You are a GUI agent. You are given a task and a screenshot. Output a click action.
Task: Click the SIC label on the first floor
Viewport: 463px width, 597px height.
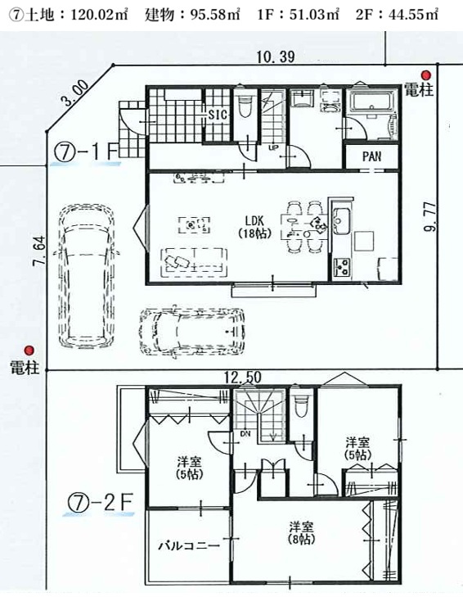tap(218, 114)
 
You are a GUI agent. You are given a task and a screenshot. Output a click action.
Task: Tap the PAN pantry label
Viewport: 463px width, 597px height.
tap(371, 156)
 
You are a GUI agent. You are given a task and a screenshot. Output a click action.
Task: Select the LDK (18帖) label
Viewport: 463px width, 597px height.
tap(254, 227)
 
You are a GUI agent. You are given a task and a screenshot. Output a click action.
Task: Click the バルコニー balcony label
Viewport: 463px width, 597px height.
tap(189, 545)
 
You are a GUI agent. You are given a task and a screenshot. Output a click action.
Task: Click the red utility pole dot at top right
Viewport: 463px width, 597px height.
tap(427, 75)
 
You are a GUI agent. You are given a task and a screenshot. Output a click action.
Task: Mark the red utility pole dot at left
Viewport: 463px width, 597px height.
tap(29, 351)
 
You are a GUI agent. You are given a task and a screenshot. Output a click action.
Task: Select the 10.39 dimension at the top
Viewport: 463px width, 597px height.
tap(276, 57)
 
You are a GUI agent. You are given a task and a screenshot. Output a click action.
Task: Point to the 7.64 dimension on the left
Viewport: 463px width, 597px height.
tap(39, 251)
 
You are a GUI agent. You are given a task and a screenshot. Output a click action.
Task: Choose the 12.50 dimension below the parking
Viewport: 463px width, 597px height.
tap(243, 378)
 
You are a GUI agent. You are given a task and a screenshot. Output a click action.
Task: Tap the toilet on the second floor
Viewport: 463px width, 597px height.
tap(301, 406)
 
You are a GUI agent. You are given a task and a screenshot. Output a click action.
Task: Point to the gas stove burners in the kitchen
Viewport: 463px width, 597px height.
tap(342, 266)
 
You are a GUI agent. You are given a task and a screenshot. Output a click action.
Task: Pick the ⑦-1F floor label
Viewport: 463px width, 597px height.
tap(87, 153)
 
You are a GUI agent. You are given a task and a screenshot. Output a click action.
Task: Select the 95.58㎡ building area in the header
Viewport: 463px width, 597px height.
tap(192, 15)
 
